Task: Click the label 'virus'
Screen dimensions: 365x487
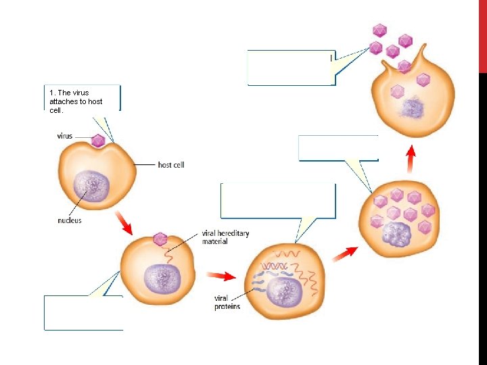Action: coord(65,136)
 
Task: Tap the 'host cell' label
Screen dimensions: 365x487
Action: coord(170,164)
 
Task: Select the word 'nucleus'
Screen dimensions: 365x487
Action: coord(69,220)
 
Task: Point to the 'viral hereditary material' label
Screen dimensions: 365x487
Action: coord(225,237)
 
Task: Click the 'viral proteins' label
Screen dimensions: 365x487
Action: coord(227,302)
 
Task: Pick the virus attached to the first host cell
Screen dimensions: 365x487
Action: coord(98,141)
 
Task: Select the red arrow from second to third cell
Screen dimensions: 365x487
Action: coord(221,276)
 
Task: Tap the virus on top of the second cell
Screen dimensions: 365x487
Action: coord(160,239)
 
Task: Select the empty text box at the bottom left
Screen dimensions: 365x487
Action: coord(83,312)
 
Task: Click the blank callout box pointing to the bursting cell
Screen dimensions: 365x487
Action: coord(291,68)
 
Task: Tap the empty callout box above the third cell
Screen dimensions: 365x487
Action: coord(278,201)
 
